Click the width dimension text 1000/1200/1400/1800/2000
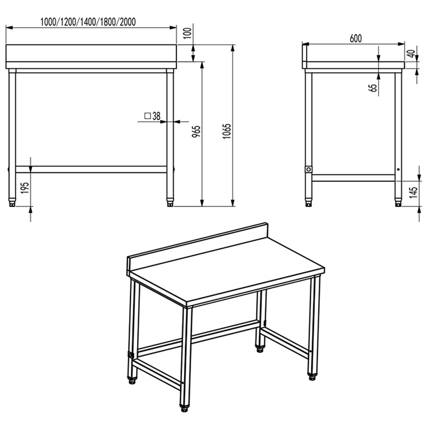[x=88, y=22]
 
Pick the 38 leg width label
[x=157, y=116]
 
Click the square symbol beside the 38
[x=148, y=116]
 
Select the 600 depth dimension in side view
[x=356, y=38]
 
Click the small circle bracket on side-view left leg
[x=308, y=169]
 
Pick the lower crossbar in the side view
[x=353, y=178]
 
